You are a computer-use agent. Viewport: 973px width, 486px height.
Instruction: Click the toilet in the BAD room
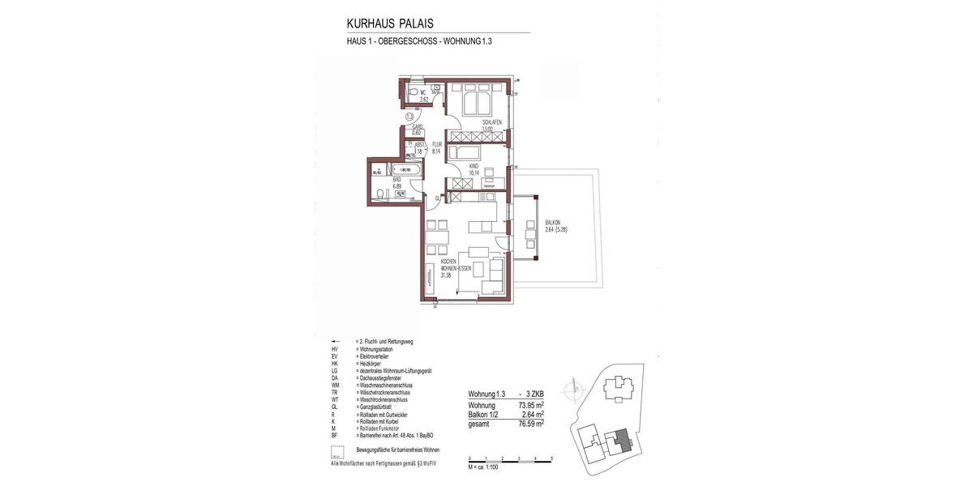(379, 193)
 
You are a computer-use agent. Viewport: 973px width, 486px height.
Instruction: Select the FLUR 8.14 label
(436, 147)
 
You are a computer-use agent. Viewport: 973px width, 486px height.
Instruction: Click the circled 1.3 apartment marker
(410, 117)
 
